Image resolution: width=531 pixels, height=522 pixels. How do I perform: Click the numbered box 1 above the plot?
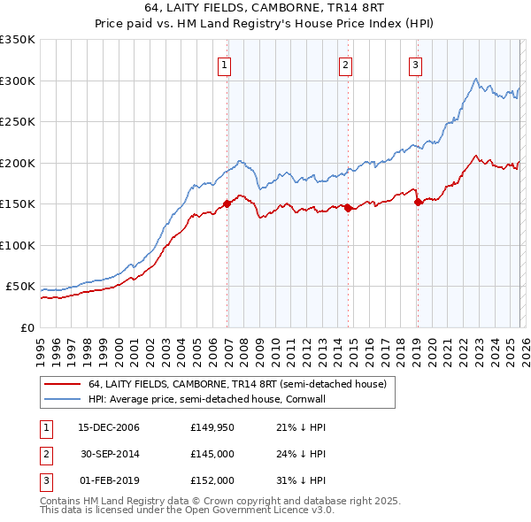(225, 64)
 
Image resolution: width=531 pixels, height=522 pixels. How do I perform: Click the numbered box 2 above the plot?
(344, 64)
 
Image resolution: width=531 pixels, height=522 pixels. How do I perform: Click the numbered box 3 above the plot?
(414, 64)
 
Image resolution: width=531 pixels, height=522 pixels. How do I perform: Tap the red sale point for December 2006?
(227, 203)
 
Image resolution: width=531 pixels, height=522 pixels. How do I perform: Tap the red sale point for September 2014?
(348, 208)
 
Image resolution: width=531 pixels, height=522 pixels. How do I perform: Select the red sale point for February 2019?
(417, 202)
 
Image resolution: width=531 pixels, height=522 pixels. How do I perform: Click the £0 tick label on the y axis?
(27, 327)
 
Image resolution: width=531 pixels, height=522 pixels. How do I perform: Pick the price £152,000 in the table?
(212, 480)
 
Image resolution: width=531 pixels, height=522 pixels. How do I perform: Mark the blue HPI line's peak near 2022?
(476, 79)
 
